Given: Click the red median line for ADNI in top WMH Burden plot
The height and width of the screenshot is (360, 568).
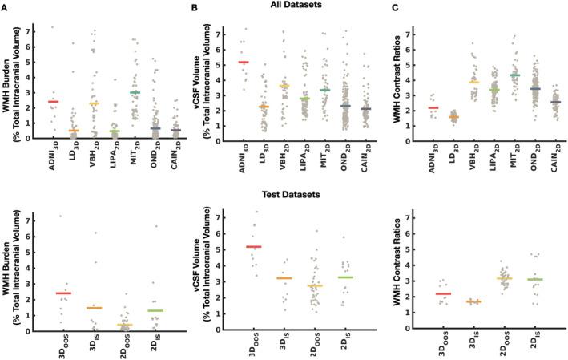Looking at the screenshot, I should (x=53, y=102).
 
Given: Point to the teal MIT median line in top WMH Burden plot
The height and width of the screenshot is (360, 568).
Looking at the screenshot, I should (x=135, y=93).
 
